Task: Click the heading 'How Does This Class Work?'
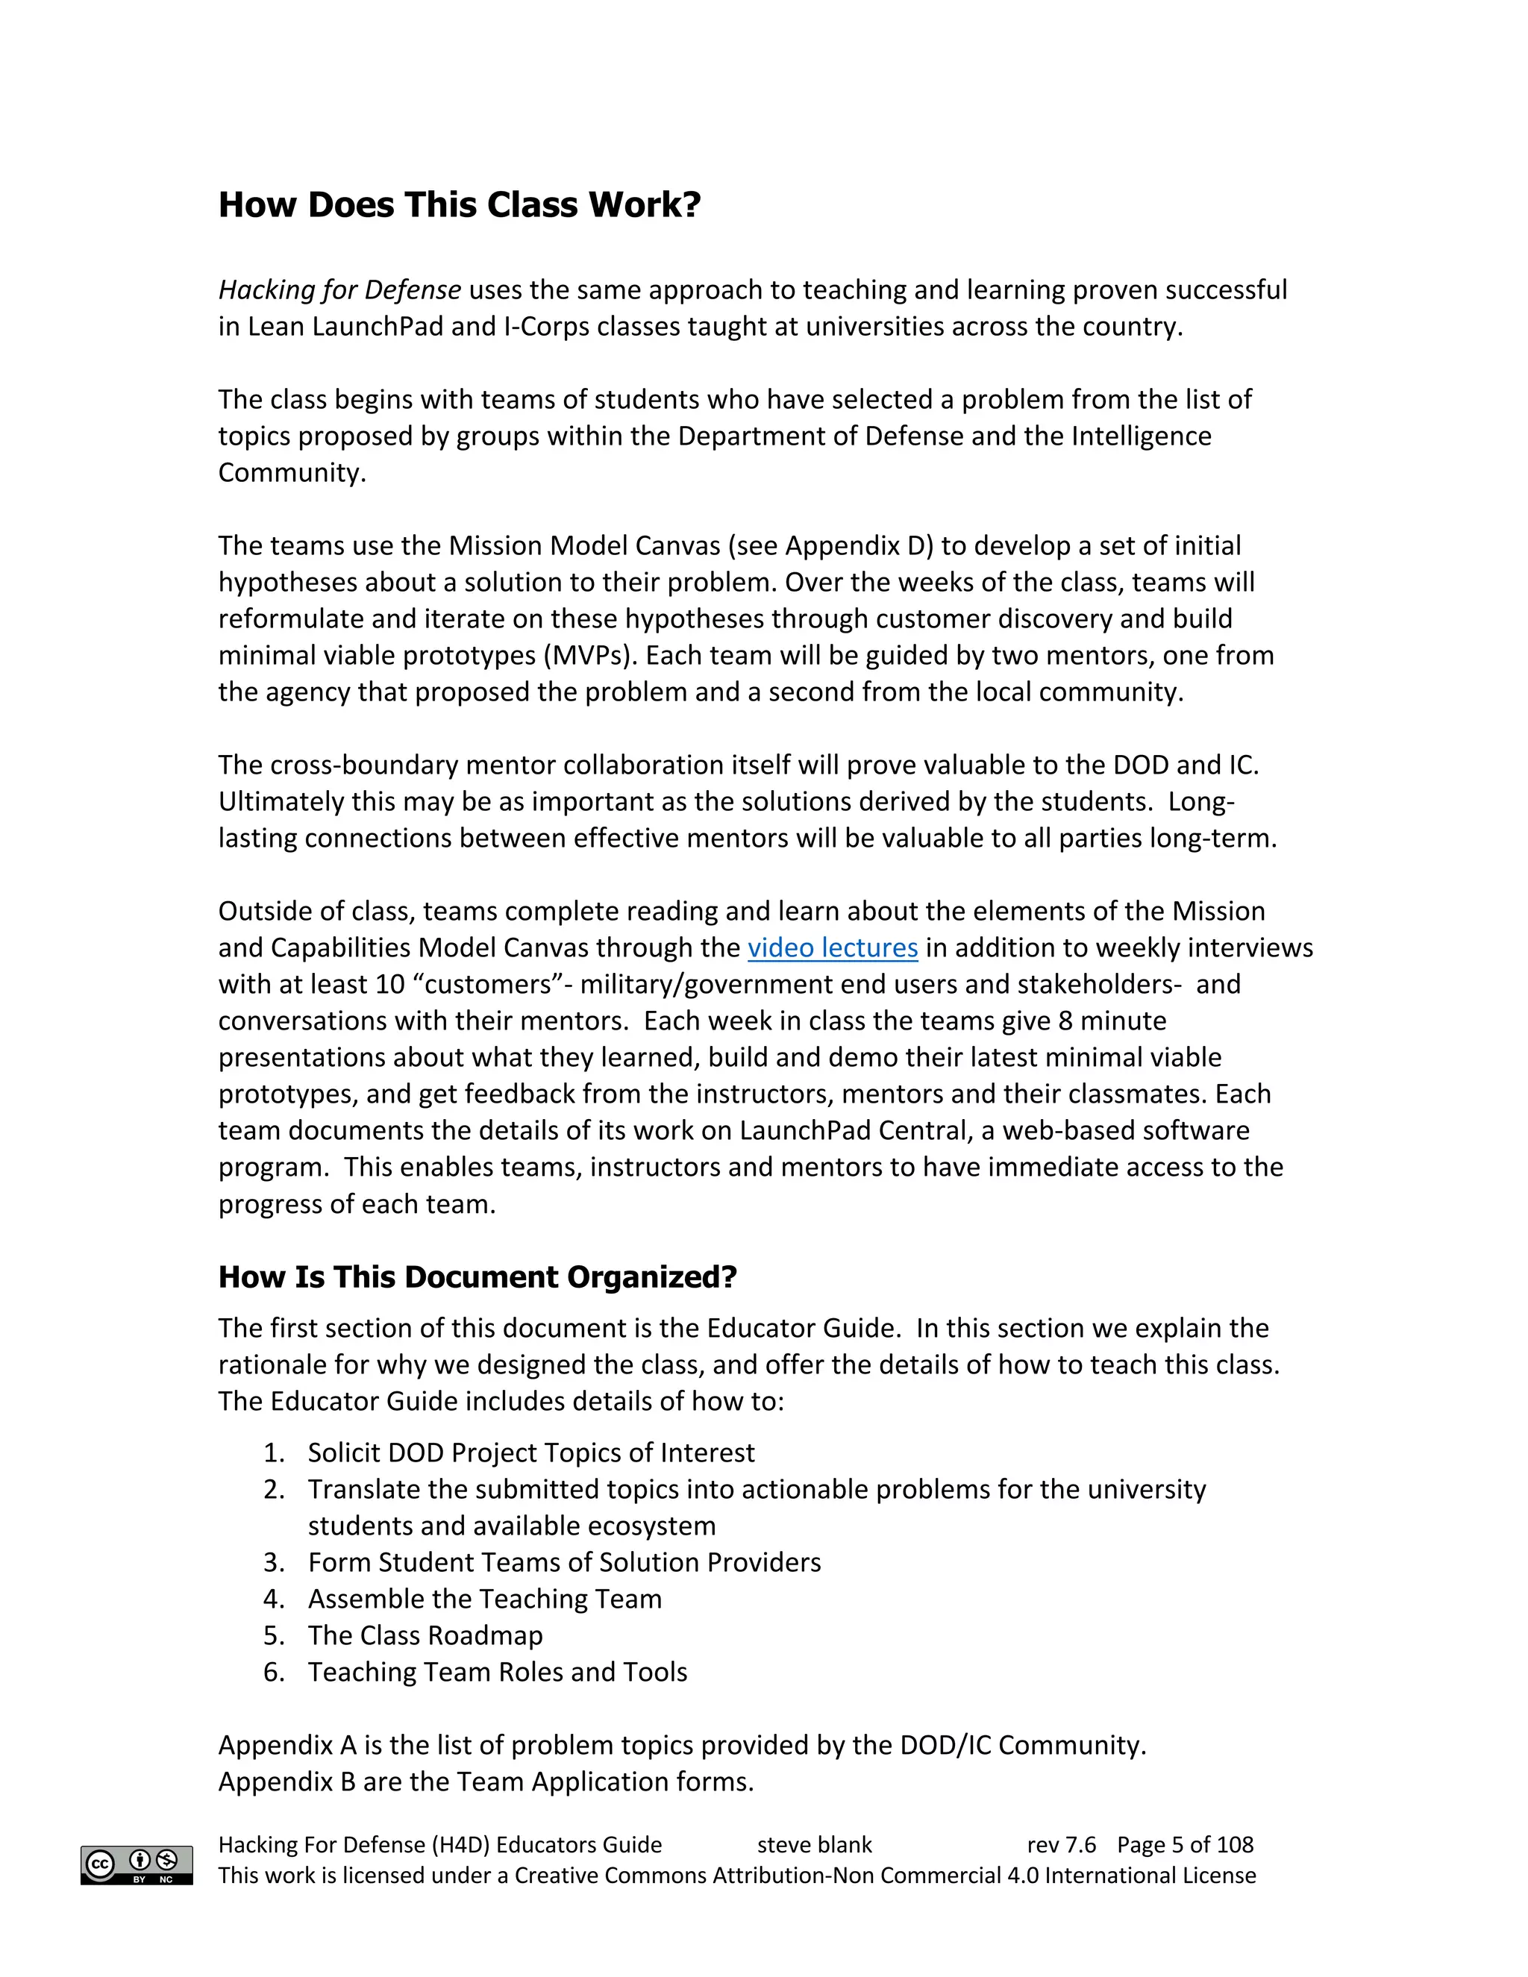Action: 459,204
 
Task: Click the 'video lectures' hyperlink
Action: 832,947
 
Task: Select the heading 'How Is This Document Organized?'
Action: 477,1276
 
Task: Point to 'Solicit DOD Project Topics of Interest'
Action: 530,1452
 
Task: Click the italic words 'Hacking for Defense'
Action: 339,289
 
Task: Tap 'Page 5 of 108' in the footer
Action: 1184,1845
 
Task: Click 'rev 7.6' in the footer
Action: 1061,1845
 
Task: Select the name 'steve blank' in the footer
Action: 814,1845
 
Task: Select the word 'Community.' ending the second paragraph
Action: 292,472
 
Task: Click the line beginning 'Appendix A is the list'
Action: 682,1744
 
